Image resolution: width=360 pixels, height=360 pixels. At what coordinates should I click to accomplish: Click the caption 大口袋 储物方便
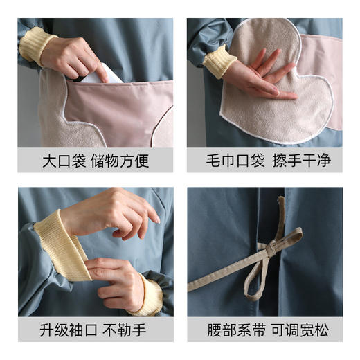[96, 161]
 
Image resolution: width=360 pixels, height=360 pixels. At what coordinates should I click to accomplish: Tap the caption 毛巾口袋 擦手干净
[264, 161]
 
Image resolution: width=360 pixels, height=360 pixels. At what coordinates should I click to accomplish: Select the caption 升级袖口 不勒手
[96, 330]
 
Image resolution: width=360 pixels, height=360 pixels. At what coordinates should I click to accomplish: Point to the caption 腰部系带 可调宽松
[264, 330]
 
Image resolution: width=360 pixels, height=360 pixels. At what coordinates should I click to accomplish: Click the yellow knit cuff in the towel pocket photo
[220, 61]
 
